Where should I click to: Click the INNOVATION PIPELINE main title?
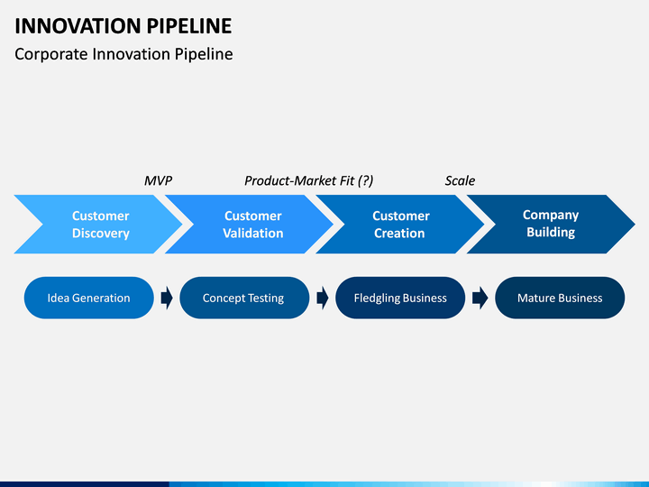click(x=123, y=26)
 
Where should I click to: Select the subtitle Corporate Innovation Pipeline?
click(x=123, y=54)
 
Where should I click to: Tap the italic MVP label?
click(x=158, y=180)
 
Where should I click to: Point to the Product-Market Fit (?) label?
click(x=309, y=181)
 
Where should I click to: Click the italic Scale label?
click(x=460, y=180)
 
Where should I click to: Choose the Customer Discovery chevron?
click(x=98, y=224)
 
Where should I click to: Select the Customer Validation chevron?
click(x=249, y=224)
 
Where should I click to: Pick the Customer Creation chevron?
click(x=400, y=224)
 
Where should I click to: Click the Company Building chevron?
click(x=551, y=224)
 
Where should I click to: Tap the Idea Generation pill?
click(x=89, y=298)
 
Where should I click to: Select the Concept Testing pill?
click(x=244, y=298)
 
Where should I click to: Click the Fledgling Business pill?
click(x=400, y=298)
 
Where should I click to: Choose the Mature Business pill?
click(x=560, y=298)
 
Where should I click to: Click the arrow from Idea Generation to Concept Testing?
click(x=167, y=298)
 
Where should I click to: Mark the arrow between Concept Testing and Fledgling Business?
click(x=323, y=298)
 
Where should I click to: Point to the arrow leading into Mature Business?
click(x=480, y=298)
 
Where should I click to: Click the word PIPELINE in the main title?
click(x=189, y=26)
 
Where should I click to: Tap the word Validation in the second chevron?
click(x=253, y=234)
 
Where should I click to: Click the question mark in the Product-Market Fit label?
click(x=365, y=181)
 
